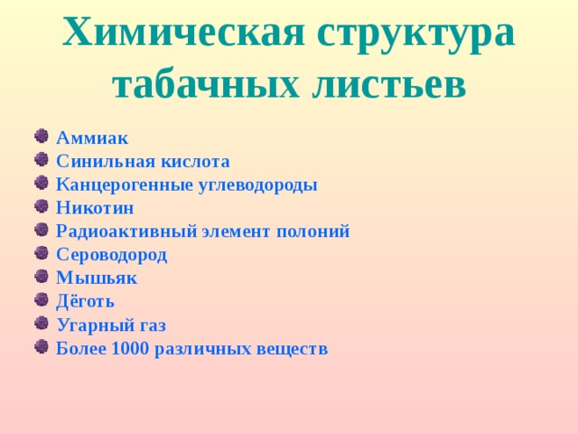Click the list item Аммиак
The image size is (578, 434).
pos(92,138)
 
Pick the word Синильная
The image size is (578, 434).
pos(99,162)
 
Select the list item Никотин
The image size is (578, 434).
pos(95,208)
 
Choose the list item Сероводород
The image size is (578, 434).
pos(111,255)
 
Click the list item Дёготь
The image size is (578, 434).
pos(85,302)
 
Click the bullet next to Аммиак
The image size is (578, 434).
pos(41,137)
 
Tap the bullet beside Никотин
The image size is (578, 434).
pos(41,207)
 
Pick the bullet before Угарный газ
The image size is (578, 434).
pos(41,325)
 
